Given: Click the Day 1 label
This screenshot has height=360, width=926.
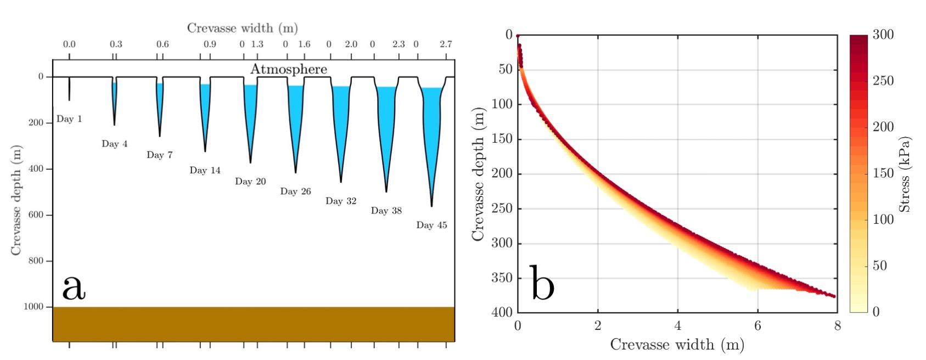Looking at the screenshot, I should (69, 119).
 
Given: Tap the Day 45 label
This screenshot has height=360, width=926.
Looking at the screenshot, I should (431, 225).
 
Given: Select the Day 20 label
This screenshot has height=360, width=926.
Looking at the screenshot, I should (250, 182).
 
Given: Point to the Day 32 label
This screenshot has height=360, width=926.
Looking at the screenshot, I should (341, 201).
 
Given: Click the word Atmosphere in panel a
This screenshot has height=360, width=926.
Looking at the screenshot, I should (289, 69).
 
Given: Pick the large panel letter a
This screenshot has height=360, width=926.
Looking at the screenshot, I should (74, 287).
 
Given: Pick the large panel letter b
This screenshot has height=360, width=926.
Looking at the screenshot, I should (542, 283).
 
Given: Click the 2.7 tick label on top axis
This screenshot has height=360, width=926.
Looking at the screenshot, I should (446, 44).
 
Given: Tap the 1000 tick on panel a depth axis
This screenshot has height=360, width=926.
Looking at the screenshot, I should (33, 307).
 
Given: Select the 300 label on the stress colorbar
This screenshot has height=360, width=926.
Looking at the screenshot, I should (883, 35).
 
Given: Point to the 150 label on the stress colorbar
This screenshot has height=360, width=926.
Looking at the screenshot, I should (883, 173).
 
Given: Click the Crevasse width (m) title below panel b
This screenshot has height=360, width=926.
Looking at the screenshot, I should (677, 345).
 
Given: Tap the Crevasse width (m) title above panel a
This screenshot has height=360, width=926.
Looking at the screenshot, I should (242, 28).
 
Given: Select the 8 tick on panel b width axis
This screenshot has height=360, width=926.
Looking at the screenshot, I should (837, 326).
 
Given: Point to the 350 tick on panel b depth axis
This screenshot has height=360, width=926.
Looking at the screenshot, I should (502, 278).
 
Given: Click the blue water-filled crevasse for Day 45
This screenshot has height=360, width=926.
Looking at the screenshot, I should (432, 126).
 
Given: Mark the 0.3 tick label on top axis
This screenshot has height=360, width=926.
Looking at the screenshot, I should (116, 44).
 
